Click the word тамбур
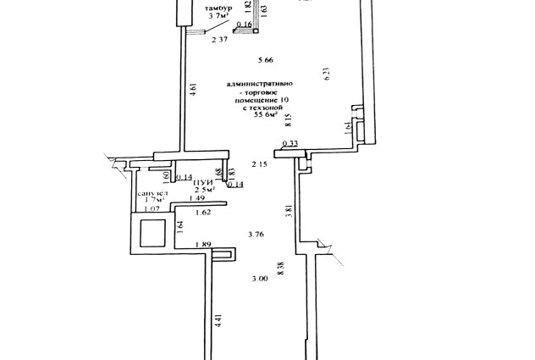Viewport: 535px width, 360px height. click(x=218, y=7)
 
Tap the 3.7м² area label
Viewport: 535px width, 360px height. click(x=218, y=15)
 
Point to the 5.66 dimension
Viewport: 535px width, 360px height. click(x=266, y=59)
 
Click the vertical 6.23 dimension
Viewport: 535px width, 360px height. click(x=327, y=75)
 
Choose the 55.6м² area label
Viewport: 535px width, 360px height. click(x=267, y=116)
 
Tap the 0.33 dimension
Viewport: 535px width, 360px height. click(x=290, y=143)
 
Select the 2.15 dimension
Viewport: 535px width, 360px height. click(x=259, y=163)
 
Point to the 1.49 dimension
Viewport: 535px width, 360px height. click(x=197, y=199)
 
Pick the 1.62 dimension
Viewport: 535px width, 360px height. click(x=202, y=213)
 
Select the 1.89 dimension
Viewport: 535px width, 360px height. click(x=202, y=245)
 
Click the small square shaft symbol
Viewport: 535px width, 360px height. click(x=152, y=232)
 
